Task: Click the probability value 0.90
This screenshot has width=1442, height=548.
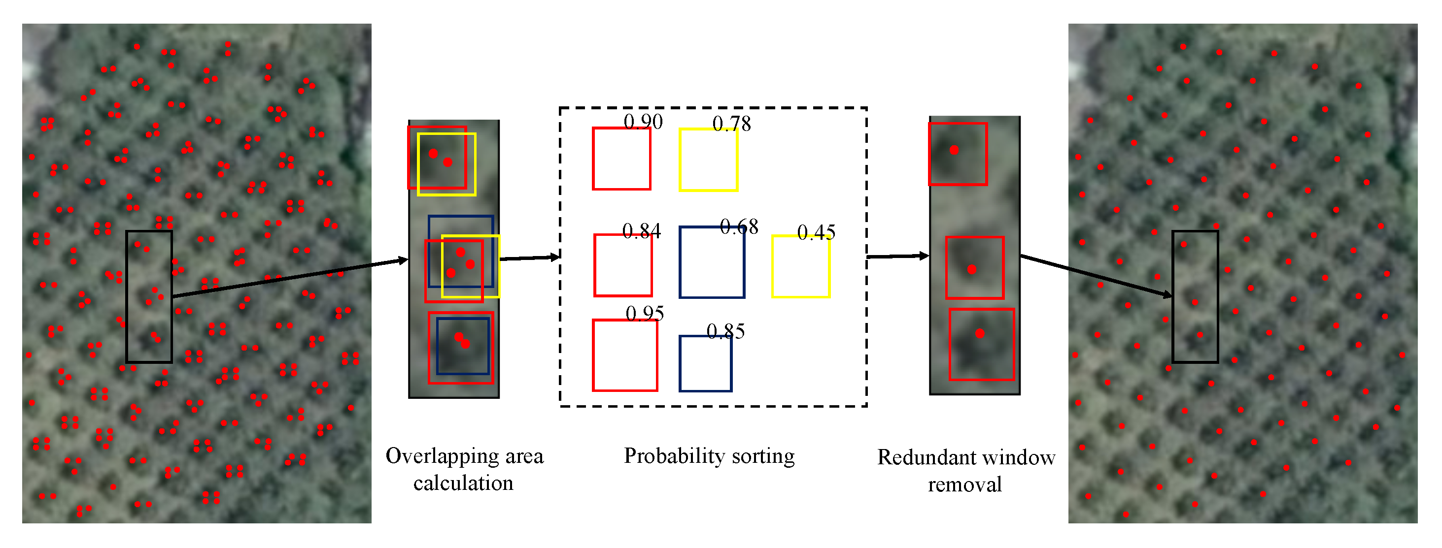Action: pos(643,122)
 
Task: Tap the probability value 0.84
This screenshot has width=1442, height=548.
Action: pos(642,231)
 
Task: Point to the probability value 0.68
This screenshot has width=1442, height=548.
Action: pos(739,227)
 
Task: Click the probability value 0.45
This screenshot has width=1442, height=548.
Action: pos(816,232)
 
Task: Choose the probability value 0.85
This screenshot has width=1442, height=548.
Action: pos(725,331)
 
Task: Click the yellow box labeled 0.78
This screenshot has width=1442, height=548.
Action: pos(708,160)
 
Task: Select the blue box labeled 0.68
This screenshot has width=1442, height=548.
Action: pos(712,262)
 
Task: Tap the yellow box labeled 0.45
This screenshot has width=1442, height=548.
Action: pos(800,267)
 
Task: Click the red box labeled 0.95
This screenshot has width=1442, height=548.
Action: pos(625,355)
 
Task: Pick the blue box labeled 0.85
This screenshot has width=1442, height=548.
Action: pos(705,363)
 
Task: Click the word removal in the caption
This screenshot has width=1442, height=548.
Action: pos(964,485)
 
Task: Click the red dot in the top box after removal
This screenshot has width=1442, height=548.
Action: pos(954,150)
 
